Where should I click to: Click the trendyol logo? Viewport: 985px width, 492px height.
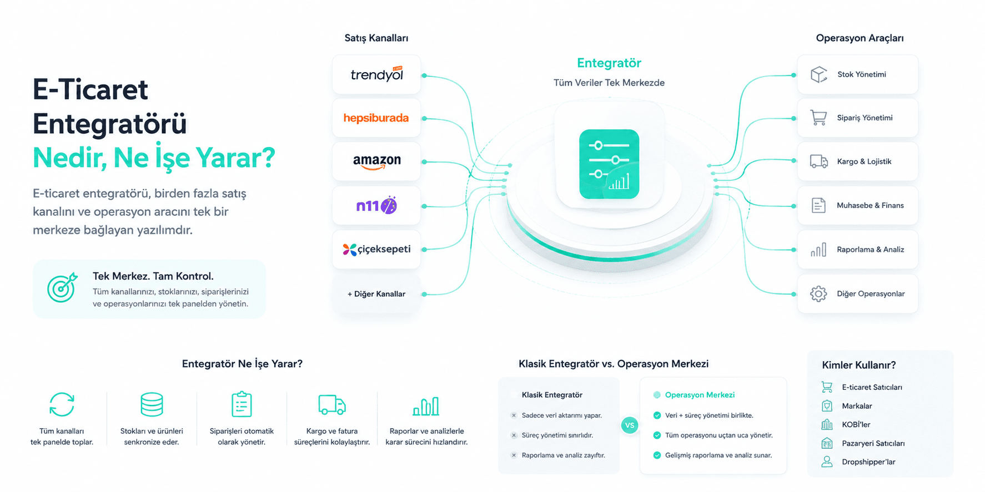click(x=376, y=74)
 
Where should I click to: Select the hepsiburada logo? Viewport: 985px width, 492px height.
click(x=376, y=118)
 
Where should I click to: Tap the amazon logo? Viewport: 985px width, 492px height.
click(x=376, y=161)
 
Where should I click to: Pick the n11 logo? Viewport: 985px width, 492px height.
click(x=376, y=206)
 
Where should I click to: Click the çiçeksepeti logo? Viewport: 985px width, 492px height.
click(x=376, y=250)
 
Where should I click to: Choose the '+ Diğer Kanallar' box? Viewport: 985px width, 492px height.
click(x=376, y=294)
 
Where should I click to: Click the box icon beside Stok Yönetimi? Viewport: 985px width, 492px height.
click(x=818, y=74)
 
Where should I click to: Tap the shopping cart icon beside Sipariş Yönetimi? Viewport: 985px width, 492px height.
click(x=818, y=118)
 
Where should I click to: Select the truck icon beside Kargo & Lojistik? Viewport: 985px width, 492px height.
click(x=818, y=161)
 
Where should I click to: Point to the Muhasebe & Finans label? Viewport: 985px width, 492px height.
click(x=870, y=205)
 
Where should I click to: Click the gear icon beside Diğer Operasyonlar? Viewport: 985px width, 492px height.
click(x=818, y=293)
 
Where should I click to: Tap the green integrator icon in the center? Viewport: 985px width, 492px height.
click(x=609, y=164)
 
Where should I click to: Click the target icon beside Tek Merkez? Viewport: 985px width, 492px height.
click(x=62, y=287)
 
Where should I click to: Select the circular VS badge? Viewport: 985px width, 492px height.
click(x=630, y=425)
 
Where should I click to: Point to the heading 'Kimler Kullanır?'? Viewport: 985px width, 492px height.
click(x=859, y=365)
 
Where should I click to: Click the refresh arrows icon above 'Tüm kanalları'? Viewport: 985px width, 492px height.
click(x=62, y=404)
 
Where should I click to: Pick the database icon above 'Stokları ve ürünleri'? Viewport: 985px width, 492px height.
click(x=152, y=404)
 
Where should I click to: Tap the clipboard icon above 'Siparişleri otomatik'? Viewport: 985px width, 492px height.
click(x=242, y=404)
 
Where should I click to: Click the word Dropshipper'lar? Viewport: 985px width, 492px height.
click(x=868, y=461)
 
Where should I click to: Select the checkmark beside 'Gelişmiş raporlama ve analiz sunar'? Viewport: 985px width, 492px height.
click(x=657, y=455)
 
